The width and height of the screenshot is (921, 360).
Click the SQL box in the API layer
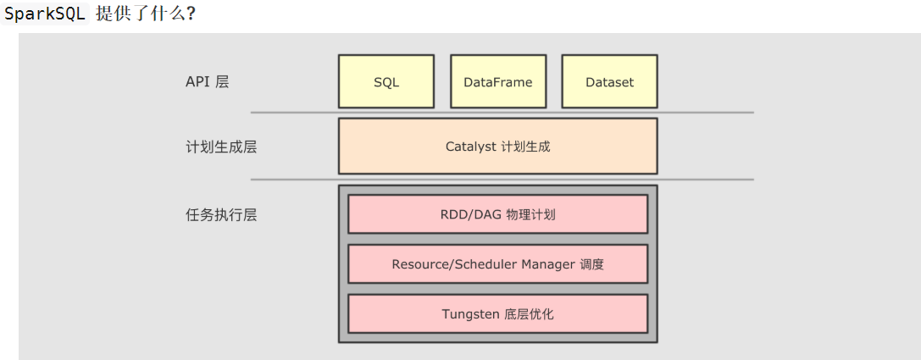pyautogui.click(x=386, y=82)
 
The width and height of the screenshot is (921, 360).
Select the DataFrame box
pyautogui.click(x=498, y=82)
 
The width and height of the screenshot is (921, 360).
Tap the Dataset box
pyautogui.click(x=609, y=82)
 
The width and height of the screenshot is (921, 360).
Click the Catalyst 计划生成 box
pyautogui.click(x=497, y=147)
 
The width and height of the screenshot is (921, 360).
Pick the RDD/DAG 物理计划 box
pyautogui.click(x=497, y=214)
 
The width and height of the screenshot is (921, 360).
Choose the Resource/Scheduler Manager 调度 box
pyautogui.click(x=497, y=264)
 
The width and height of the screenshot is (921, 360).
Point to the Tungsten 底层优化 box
pyautogui.click(x=497, y=314)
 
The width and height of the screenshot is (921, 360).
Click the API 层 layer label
pyautogui.click(x=207, y=82)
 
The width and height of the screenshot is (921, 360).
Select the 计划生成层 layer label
pyautogui.click(x=220, y=147)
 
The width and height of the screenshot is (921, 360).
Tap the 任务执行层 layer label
pyautogui.click(x=220, y=214)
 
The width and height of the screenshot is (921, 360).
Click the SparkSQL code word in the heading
pyautogui.click(x=45, y=14)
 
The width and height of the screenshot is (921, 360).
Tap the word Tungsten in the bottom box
pyautogui.click(x=470, y=314)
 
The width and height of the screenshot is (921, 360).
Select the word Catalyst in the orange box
pyautogui.click(x=470, y=147)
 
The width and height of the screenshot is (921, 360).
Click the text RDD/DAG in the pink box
pyautogui.click(x=470, y=214)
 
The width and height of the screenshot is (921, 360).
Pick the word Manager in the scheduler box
pyautogui.click(x=548, y=264)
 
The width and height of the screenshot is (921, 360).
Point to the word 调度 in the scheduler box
pyautogui.click(x=592, y=264)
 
